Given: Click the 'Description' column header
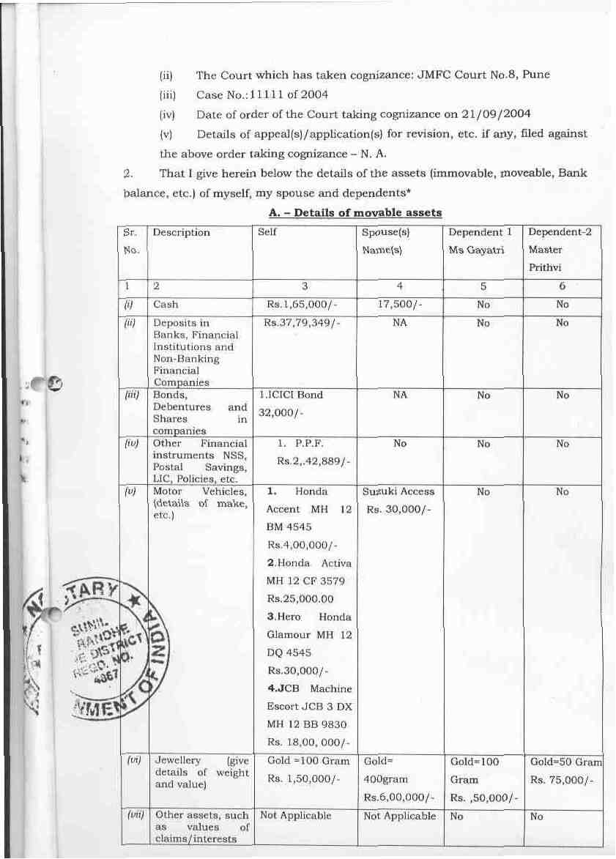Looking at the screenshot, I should click(182, 233).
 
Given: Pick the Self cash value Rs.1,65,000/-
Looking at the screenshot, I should click(304, 304).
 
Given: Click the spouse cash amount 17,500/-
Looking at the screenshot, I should click(399, 304).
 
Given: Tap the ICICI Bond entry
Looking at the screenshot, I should click(292, 395).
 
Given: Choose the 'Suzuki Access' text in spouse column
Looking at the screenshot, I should click(398, 491).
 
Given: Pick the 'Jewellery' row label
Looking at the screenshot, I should click(173, 762).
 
